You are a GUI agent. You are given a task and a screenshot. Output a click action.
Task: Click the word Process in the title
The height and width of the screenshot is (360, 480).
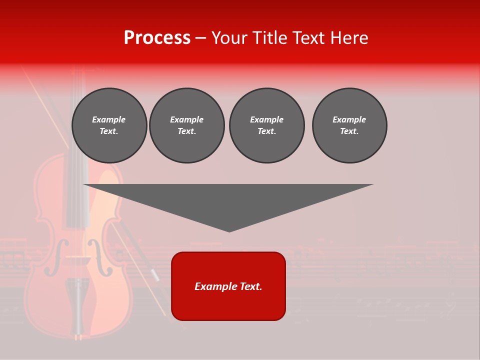(x=157, y=38)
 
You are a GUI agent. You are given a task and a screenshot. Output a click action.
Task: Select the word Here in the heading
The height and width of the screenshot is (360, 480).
(x=348, y=38)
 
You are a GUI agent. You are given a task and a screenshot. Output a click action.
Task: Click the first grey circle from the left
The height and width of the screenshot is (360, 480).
(x=109, y=125)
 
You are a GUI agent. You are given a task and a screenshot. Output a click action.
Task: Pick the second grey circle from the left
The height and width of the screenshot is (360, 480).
(x=186, y=125)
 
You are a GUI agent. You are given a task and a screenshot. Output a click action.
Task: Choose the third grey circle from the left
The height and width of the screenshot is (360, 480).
(x=266, y=125)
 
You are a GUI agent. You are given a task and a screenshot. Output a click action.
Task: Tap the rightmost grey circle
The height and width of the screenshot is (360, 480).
(x=349, y=125)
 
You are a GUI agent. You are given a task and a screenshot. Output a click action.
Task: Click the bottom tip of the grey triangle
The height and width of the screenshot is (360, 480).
(x=229, y=231)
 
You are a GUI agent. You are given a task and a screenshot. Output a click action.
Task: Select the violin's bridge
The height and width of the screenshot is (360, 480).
(x=78, y=261)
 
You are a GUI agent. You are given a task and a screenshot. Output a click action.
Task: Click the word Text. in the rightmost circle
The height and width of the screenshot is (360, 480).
(x=349, y=131)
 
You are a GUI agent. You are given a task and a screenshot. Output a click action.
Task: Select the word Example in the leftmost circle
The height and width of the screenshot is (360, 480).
(x=109, y=119)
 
